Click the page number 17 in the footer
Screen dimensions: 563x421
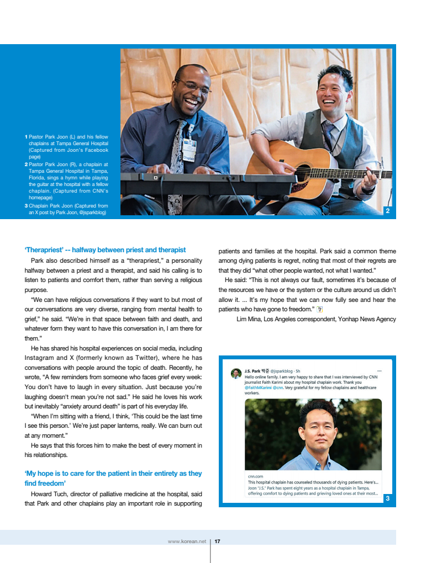(218, 541)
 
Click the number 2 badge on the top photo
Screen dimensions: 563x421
(387, 210)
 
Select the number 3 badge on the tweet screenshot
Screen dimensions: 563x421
(388, 498)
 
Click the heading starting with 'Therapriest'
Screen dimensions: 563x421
(105, 250)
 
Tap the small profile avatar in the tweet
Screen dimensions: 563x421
(236, 374)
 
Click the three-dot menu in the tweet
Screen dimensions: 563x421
(379, 370)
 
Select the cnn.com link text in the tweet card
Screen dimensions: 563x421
(255, 476)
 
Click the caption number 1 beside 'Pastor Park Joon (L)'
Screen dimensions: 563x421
(26, 136)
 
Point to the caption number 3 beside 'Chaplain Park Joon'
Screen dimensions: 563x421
(26, 205)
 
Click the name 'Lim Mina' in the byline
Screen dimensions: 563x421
(248, 319)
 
